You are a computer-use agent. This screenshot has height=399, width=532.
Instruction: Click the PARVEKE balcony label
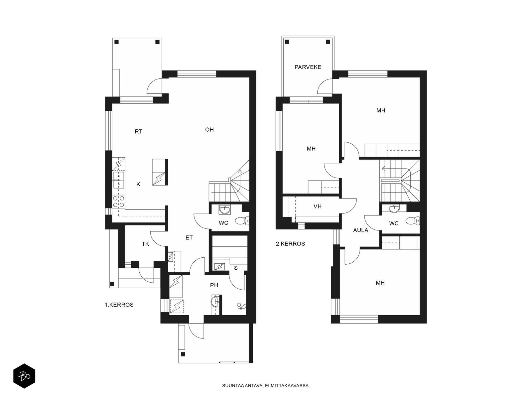(x=308, y=67)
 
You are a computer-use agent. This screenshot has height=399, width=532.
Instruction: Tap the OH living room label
(x=209, y=130)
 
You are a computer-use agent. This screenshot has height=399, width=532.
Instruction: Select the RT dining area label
(x=138, y=132)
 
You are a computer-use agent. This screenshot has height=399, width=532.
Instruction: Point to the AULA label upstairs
(x=361, y=230)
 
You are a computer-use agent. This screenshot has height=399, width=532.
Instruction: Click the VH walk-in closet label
(x=318, y=206)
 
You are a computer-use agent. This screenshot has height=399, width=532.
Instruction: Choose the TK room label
(x=145, y=244)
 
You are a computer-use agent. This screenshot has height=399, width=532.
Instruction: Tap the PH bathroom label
(x=214, y=285)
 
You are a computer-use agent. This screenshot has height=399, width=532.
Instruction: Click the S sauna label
(x=236, y=268)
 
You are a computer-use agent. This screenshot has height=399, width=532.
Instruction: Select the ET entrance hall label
(x=189, y=238)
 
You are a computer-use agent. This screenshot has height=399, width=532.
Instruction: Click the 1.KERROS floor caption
(x=119, y=305)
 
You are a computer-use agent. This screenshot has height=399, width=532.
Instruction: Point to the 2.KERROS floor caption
(x=290, y=244)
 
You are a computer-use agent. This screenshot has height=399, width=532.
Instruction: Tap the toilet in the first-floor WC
(x=242, y=221)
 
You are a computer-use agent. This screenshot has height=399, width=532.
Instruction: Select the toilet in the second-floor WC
(x=413, y=221)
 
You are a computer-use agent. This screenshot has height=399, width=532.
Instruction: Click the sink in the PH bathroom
(x=215, y=302)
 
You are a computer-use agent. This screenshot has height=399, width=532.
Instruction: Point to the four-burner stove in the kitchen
(x=119, y=201)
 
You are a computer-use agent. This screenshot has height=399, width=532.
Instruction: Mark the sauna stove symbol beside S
(x=219, y=267)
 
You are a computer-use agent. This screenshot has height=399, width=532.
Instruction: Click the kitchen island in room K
(x=160, y=172)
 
